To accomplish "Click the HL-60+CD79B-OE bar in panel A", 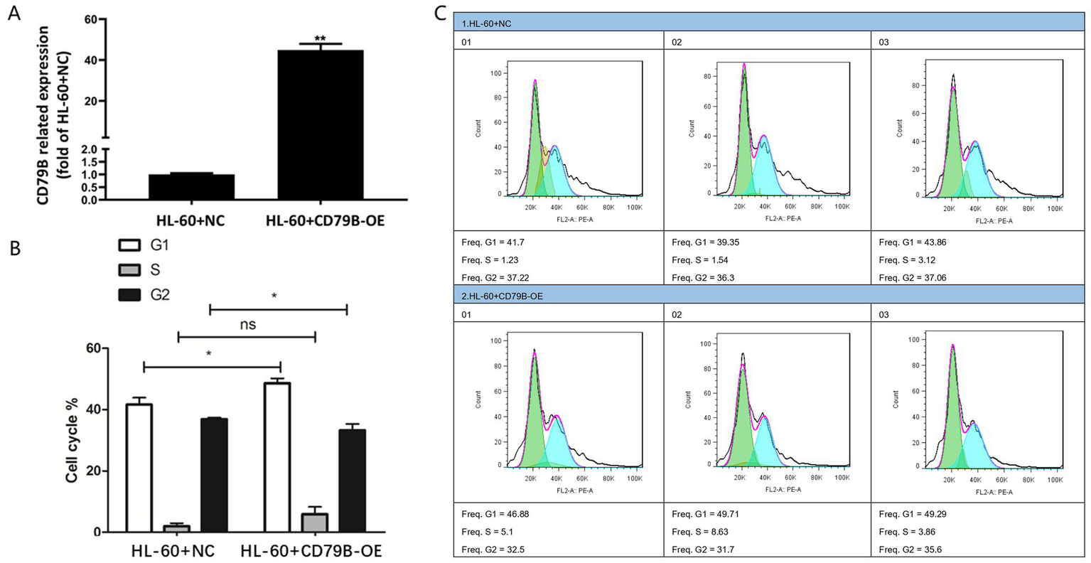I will coord(321,124).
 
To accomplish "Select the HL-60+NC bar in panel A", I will coord(191,186).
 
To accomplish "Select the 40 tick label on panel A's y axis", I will coord(90,60).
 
